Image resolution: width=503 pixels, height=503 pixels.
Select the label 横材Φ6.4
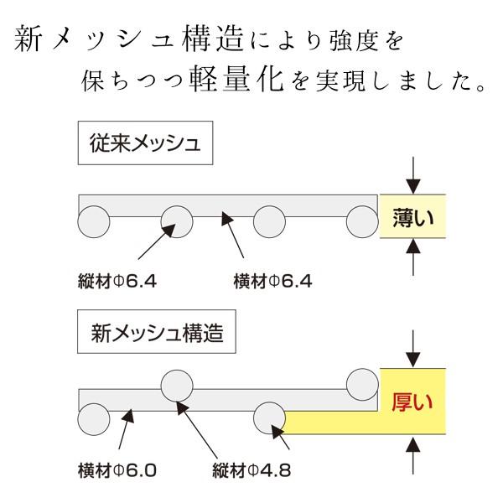[x=272, y=281]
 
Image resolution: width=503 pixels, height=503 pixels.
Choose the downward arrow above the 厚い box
[x=411, y=349]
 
